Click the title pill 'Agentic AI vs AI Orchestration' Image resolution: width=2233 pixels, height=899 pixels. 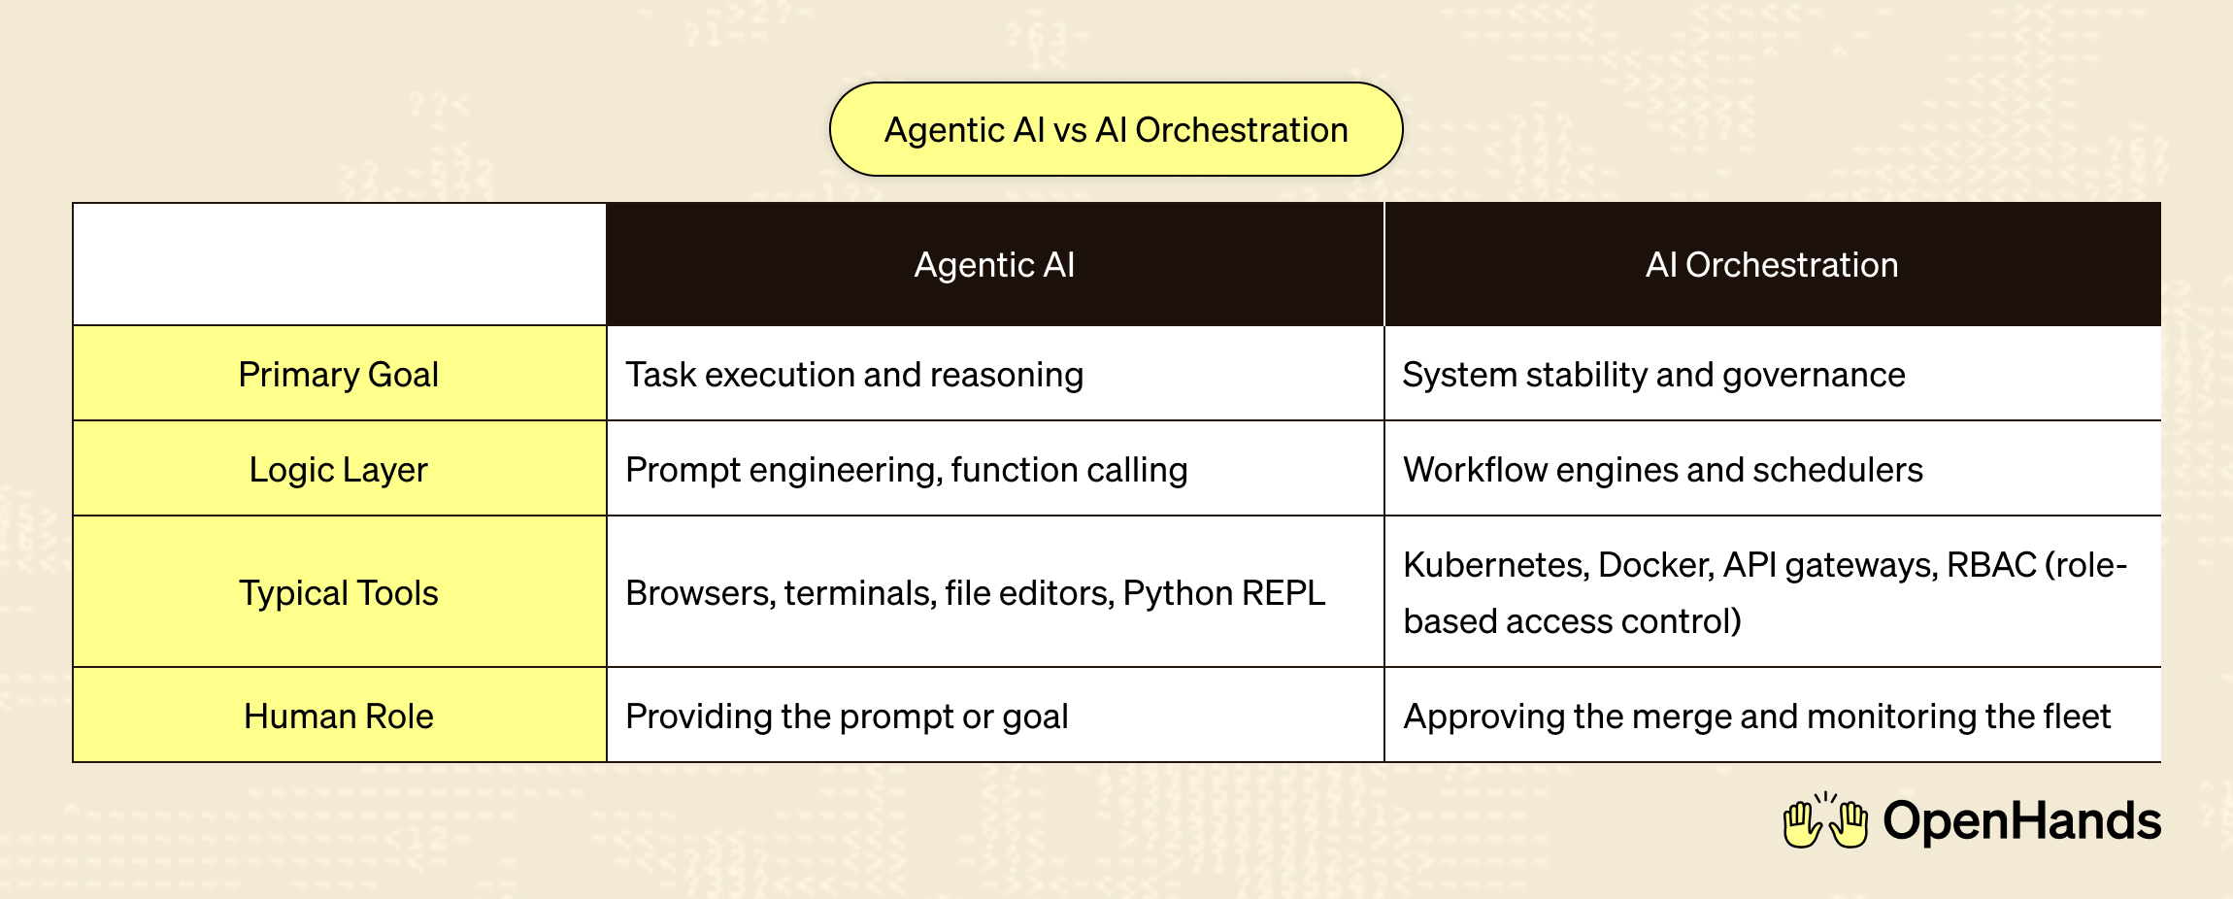point(1116,129)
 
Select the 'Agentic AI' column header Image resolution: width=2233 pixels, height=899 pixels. point(994,264)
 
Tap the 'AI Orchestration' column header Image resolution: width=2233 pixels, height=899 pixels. point(1772,264)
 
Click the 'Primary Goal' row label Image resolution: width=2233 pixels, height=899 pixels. point(339,374)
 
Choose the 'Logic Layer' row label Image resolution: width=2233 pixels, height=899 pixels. point(339,469)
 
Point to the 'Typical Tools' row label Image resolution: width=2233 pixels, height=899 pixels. point(339,592)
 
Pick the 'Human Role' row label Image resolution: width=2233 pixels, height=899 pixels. point(339,716)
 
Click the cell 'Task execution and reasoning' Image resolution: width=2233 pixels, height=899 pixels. point(854,374)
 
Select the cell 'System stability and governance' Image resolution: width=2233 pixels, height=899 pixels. point(1653,374)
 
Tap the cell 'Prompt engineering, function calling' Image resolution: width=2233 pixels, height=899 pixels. point(906,469)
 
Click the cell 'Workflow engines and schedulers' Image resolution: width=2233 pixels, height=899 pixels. point(1662,469)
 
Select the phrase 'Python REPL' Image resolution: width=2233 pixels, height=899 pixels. point(1223,592)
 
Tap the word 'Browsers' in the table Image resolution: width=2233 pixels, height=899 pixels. point(699,592)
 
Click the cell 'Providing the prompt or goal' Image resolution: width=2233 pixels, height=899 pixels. point(847,716)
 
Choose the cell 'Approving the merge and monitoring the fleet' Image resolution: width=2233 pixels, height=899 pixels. point(1756,716)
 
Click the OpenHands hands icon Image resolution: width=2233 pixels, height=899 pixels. point(1825,821)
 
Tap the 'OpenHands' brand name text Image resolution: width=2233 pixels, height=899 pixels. point(2021,821)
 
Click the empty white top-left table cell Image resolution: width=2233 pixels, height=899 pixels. point(339,264)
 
